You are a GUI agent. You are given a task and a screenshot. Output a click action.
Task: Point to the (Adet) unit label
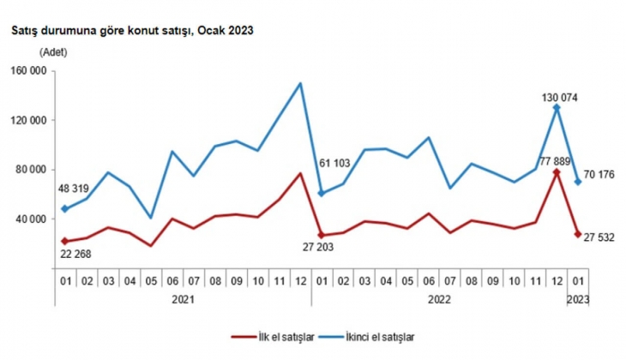52,53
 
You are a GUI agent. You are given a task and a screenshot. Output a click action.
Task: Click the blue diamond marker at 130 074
557,108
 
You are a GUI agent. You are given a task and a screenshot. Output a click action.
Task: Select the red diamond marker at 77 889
557,172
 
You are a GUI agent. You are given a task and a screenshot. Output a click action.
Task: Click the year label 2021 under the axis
182,300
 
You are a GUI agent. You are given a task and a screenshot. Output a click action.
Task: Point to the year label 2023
577,300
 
